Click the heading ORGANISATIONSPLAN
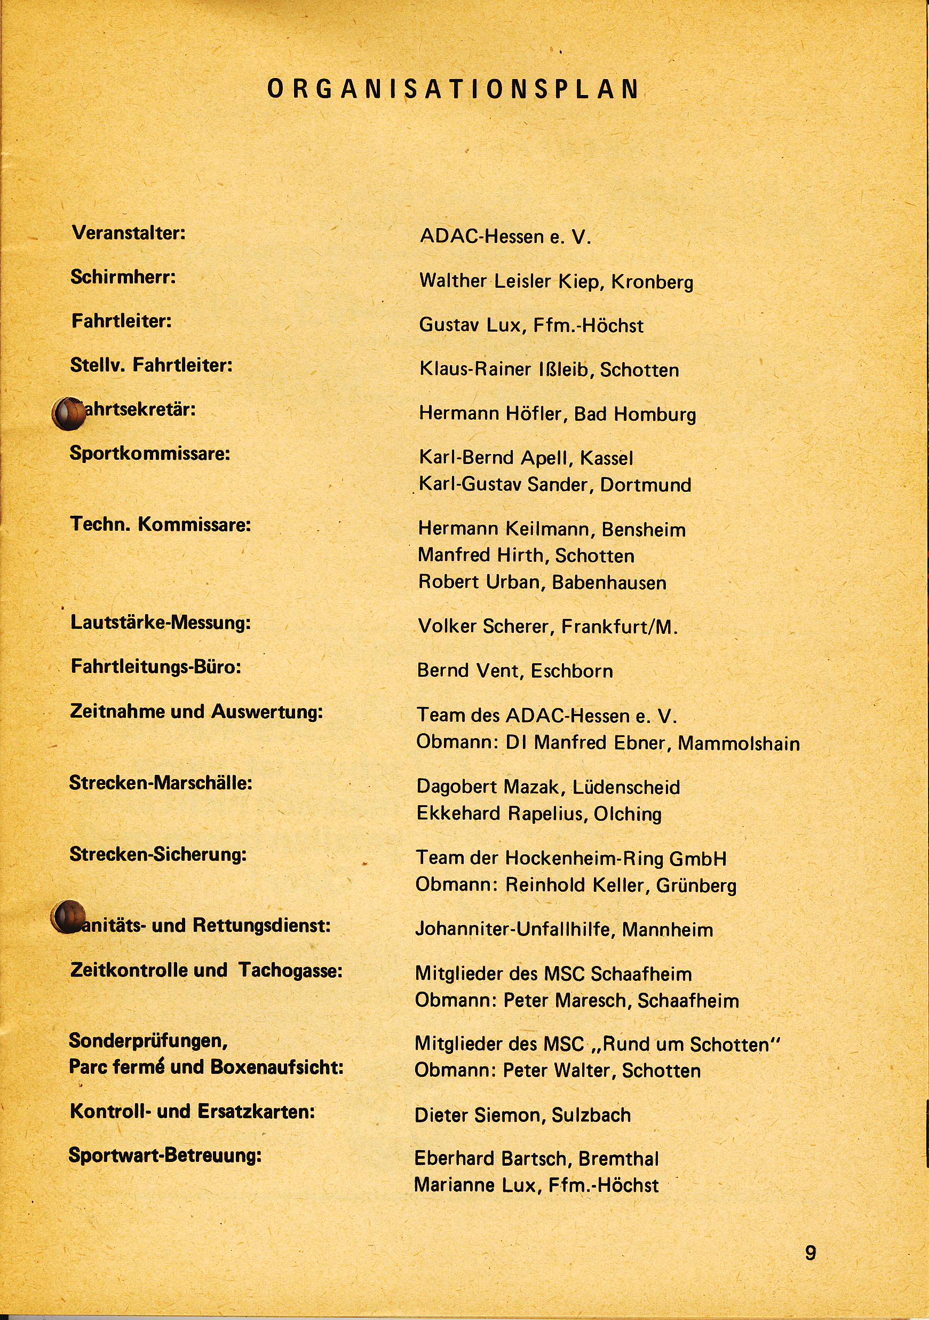point(454,90)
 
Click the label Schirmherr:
point(123,277)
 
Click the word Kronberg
point(652,282)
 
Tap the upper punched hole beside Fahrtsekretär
point(67,413)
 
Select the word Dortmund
point(645,485)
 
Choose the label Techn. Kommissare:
point(160,525)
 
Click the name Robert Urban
point(480,582)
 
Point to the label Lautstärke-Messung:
point(160,623)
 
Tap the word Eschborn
point(571,670)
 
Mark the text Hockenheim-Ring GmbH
point(615,858)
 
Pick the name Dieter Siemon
point(479,1115)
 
